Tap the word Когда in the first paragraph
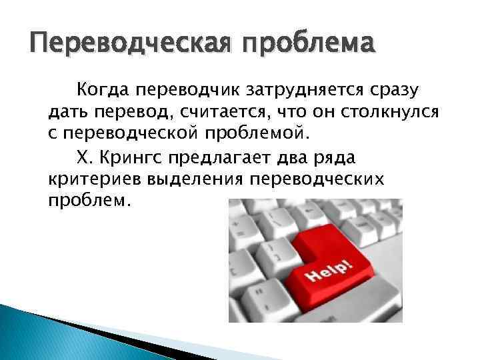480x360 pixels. [102, 89]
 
